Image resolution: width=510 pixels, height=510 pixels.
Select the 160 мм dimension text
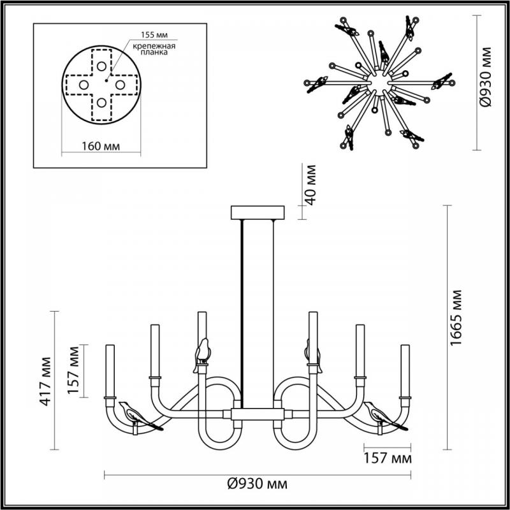point(101,146)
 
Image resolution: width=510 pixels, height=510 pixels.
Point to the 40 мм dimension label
point(310,184)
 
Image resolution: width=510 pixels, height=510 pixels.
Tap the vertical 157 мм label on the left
point(75,370)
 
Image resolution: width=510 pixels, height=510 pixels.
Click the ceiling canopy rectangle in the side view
point(258,212)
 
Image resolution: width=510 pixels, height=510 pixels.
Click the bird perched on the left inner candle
point(203,352)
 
